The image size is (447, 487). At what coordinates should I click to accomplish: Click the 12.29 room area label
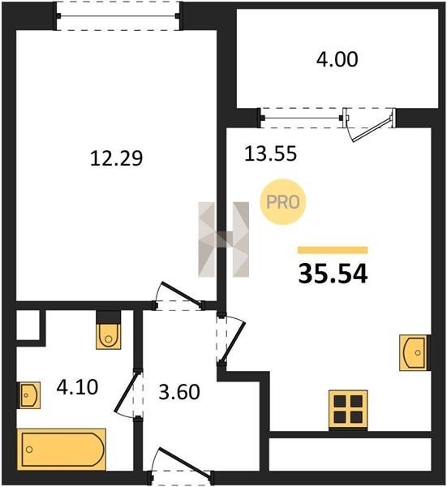point(116,158)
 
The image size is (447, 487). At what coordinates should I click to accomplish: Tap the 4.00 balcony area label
point(337,59)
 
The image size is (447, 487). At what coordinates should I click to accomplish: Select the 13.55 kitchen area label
point(270,153)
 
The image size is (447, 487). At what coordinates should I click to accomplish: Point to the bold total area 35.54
point(333,274)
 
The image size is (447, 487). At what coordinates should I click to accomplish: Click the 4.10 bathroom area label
point(77,387)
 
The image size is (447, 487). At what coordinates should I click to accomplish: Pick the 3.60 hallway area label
point(179,392)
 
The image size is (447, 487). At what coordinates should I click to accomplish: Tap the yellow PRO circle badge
point(283,202)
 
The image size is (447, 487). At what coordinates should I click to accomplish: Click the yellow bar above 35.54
point(333,250)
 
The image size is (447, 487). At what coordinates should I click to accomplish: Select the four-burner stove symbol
point(348,410)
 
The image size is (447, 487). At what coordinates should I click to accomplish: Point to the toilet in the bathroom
point(108,330)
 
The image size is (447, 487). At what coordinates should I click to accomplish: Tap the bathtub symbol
point(62,449)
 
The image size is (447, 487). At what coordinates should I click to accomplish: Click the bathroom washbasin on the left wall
point(28,394)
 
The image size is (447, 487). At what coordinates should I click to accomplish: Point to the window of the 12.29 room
point(118,16)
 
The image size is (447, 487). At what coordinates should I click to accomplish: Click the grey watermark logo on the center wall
point(224,239)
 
